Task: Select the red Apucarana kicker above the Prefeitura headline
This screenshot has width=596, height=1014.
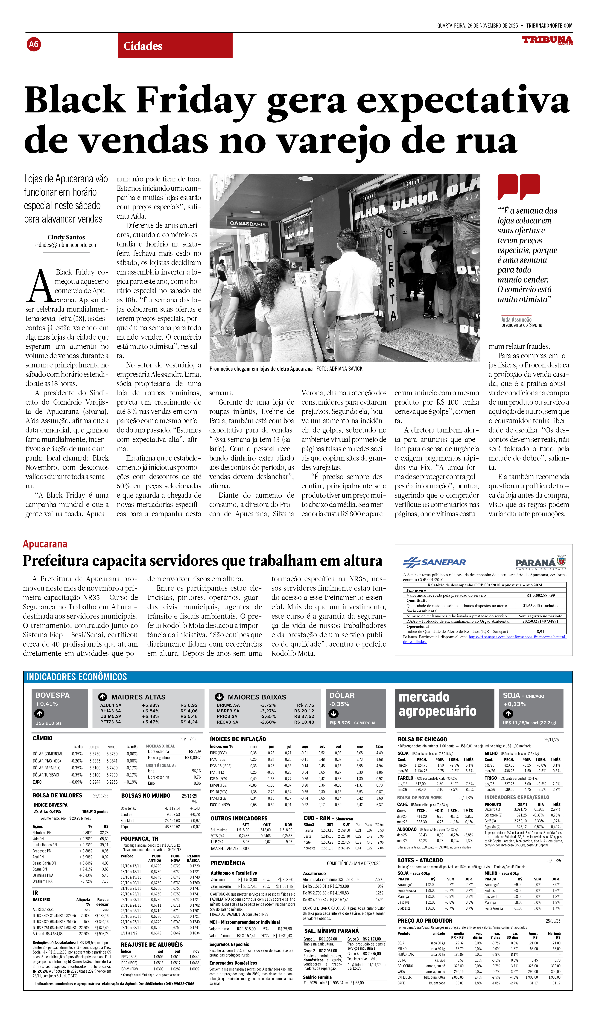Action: [45, 544]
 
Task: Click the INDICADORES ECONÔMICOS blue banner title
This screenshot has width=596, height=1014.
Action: [76, 677]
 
